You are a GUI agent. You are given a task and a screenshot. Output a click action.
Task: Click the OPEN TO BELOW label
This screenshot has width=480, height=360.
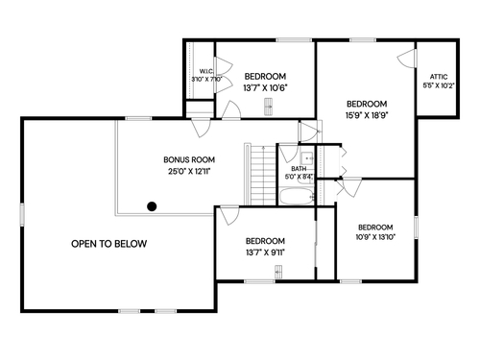coord(109,244)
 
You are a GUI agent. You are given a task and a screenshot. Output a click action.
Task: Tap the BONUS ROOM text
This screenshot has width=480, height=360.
coord(189,159)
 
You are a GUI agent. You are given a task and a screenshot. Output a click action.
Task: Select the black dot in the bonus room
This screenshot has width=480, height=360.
coord(152,206)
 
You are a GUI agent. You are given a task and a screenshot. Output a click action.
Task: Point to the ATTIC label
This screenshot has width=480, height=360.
coord(439,77)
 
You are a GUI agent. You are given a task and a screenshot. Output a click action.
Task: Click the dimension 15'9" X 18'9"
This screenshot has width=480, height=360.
coord(367,115)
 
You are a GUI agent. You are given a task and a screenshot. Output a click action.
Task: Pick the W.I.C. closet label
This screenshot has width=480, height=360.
coord(206,71)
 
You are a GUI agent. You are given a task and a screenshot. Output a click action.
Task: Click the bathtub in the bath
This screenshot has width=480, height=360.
coord(297,197)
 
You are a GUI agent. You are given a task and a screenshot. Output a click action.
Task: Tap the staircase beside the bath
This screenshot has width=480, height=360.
coord(263,175)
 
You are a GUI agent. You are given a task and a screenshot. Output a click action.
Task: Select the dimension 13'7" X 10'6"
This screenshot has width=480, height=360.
coord(265,88)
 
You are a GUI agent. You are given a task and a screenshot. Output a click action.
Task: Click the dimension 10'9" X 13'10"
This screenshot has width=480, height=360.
coord(375,237)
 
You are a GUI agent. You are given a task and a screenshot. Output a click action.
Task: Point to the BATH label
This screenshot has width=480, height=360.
coord(299,169)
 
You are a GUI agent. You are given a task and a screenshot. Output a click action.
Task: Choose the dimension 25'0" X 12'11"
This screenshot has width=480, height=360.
coord(189,172)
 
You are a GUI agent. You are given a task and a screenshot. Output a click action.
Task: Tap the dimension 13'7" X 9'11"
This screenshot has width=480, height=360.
coord(265,252)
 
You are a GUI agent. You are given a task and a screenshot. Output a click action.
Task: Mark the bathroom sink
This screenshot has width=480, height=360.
coord(307,158)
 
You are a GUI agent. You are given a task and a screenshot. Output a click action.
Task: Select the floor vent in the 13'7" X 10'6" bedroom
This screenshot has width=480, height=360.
coord(269,107)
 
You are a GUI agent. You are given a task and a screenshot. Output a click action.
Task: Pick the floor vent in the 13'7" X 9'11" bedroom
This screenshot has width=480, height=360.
coord(278,272)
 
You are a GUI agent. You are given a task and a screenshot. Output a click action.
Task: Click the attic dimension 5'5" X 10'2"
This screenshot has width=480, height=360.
coord(439,85)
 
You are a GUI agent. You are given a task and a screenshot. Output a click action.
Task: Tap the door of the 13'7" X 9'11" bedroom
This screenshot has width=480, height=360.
coord(229,216)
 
